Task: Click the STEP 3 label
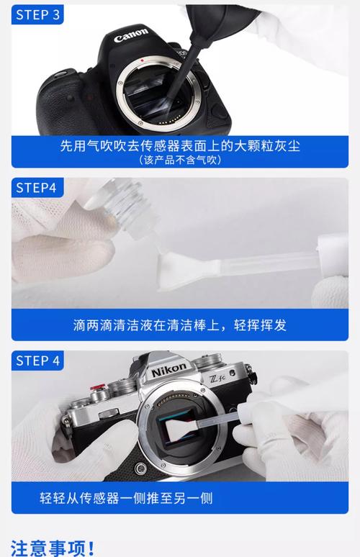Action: pos(37,15)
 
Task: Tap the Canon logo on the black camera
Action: pos(131,34)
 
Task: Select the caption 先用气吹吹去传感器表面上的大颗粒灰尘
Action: pos(179,145)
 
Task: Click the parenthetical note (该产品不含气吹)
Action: pos(179,160)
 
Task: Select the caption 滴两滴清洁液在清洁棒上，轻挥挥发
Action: pos(179,325)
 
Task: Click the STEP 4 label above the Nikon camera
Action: pos(37,361)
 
